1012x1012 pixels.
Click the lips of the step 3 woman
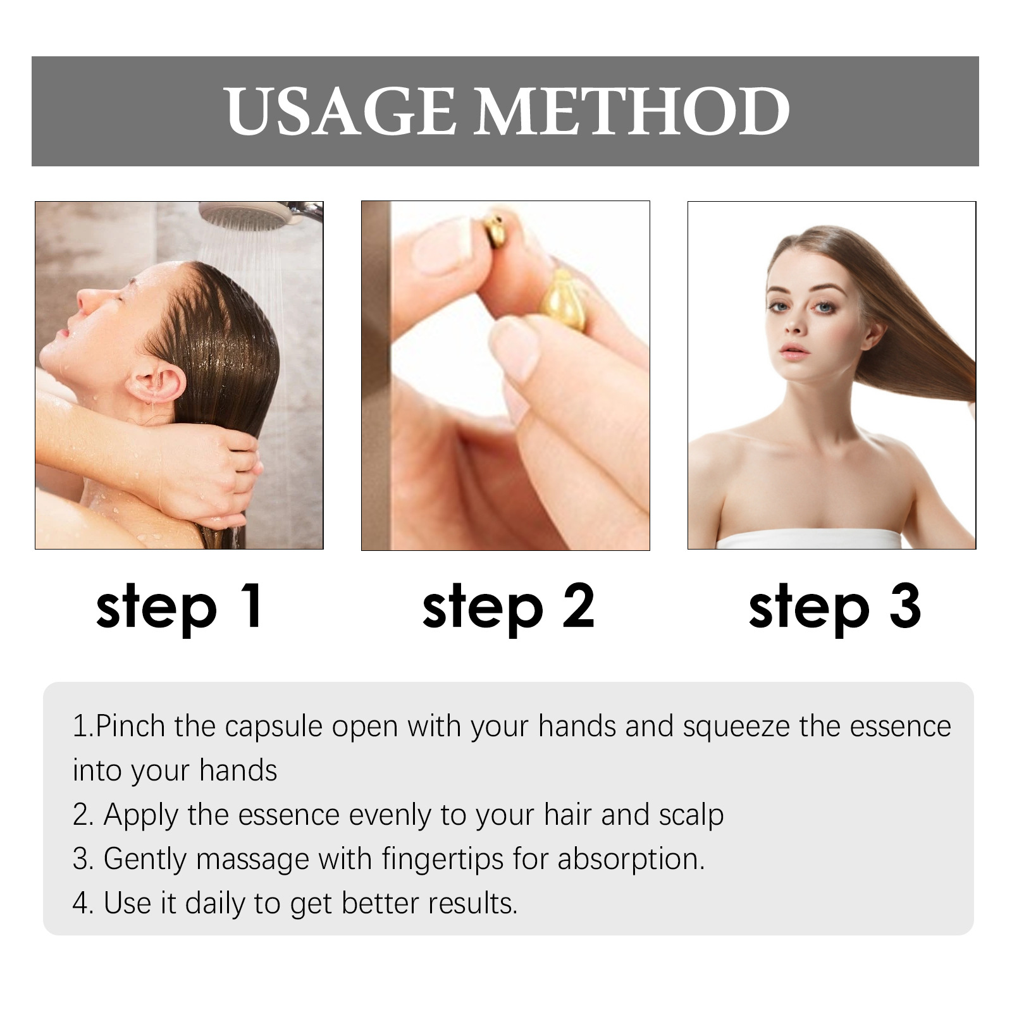[794, 350]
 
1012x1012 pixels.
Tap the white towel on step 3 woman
[808, 540]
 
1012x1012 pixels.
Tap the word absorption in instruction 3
[631, 859]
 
